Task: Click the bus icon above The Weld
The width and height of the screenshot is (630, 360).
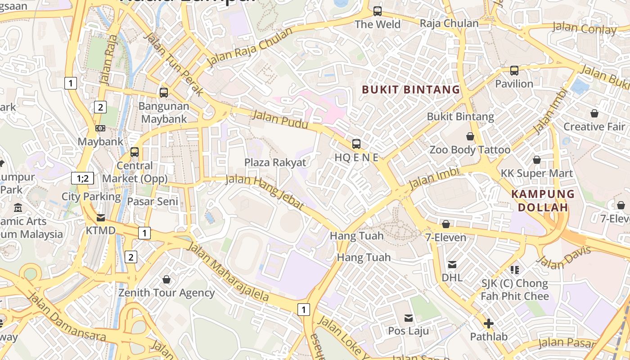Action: pyautogui.click(x=378, y=11)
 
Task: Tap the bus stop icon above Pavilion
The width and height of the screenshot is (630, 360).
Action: pyautogui.click(x=514, y=71)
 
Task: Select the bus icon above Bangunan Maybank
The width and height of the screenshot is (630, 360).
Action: pyautogui.click(x=164, y=93)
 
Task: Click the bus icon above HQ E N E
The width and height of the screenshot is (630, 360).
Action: pyautogui.click(x=356, y=144)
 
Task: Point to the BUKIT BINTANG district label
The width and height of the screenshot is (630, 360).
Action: pyautogui.click(x=411, y=90)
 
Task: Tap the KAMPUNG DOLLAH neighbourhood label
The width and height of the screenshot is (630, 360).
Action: pyautogui.click(x=543, y=201)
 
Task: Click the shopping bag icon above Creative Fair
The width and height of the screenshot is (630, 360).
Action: pyautogui.click(x=594, y=113)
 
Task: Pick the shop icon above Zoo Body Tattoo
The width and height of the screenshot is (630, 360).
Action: pyautogui.click(x=470, y=136)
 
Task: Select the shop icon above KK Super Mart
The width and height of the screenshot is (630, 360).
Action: pyautogui.click(x=537, y=160)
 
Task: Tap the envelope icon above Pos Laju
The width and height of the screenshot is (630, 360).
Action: pyautogui.click(x=409, y=318)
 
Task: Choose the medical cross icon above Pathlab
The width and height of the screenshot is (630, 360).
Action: pyautogui.click(x=489, y=323)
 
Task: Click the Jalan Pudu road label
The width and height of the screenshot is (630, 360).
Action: pyautogui.click(x=280, y=119)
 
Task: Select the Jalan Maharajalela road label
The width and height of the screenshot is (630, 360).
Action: pyautogui.click(x=228, y=273)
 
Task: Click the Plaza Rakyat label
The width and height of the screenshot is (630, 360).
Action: pyautogui.click(x=275, y=162)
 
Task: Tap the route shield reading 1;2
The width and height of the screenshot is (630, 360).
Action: pyautogui.click(x=82, y=178)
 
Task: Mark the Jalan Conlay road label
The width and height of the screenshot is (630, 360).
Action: pyautogui.click(x=585, y=28)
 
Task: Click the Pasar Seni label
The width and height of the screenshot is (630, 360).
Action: pyautogui.click(x=153, y=201)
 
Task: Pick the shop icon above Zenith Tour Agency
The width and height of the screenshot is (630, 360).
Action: pyautogui.click(x=166, y=279)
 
